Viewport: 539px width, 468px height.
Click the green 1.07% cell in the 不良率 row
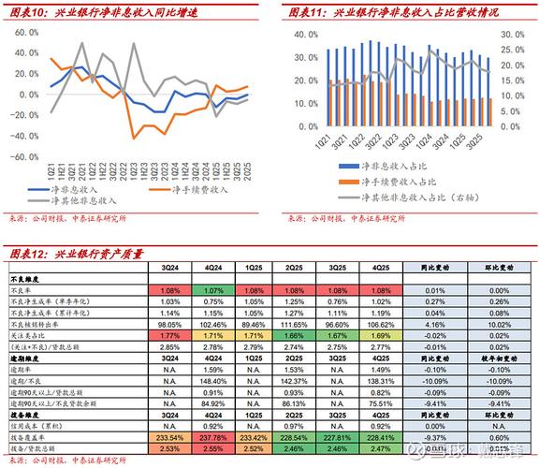[x=212, y=291]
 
